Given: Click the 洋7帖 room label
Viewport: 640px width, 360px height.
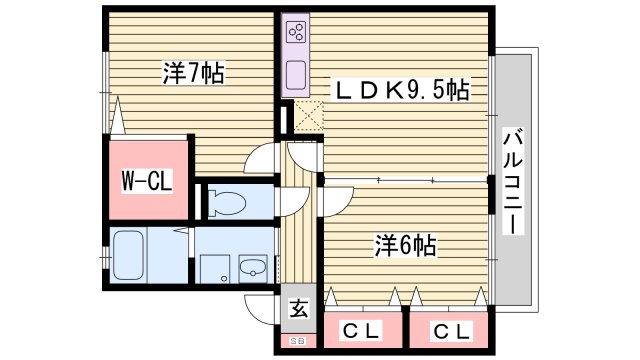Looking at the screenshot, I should (193, 72).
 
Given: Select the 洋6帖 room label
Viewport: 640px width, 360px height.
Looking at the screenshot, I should (405, 244).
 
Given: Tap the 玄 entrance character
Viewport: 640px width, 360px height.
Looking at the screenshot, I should (298, 308).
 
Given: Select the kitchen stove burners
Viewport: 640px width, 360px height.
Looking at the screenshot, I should (296, 33).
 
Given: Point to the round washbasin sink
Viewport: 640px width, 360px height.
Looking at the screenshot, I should (251, 267).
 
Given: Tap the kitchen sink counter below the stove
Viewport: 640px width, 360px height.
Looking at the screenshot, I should (296, 72).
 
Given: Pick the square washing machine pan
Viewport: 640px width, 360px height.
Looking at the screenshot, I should (214, 267).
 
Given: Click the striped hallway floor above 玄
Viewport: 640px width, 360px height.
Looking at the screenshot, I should (298, 240).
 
